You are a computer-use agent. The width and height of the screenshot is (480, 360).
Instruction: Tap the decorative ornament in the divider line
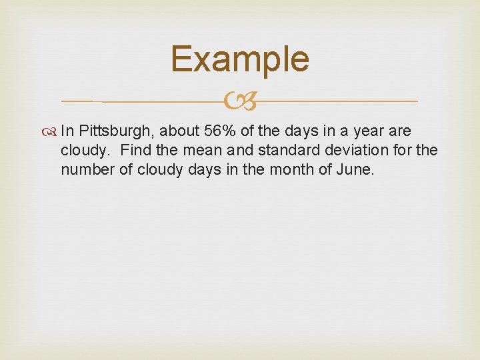(x=240, y=102)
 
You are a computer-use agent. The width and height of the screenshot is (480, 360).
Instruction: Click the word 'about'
(x=179, y=131)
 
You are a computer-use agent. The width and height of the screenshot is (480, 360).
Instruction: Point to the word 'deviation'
(x=359, y=151)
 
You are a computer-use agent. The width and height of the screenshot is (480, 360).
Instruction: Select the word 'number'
(x=87, y=170)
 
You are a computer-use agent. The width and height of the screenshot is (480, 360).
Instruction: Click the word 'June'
(x=357, y=170)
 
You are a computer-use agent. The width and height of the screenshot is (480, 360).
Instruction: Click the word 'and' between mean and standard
(x=239, y=151)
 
